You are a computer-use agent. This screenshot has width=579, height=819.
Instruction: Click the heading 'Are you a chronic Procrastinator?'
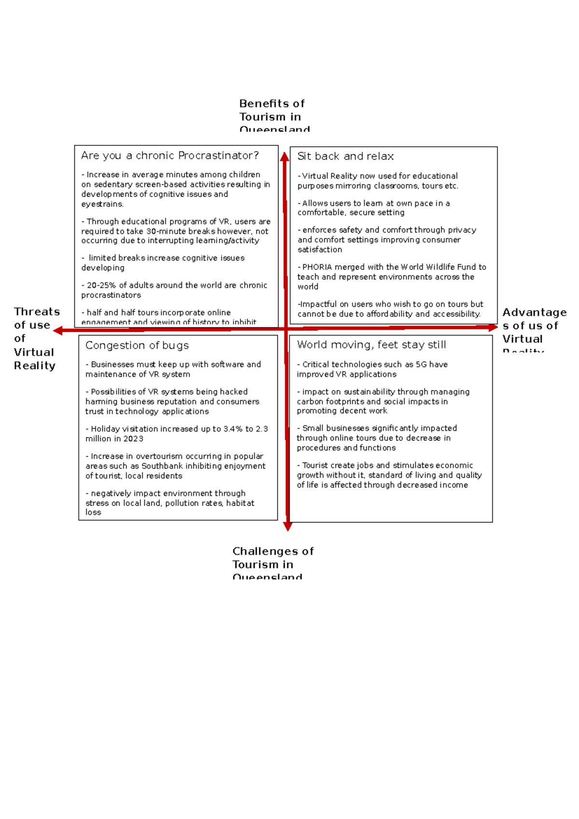click(x=170, y=155)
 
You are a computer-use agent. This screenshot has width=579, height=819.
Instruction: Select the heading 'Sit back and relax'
click(x=345, y=156)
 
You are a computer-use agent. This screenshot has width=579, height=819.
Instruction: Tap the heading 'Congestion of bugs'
click(x=137, y=346)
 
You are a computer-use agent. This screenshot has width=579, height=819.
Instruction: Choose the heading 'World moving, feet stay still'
click(x=372, y=345)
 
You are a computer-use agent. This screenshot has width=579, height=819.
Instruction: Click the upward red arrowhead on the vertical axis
click(x=285, y=156)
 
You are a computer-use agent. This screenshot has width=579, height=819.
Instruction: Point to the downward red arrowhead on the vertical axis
click(x=288, y=526)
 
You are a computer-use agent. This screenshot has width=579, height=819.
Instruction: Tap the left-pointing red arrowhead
click(x=58, y=330)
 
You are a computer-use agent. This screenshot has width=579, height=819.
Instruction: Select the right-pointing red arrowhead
click(x=493, y=327)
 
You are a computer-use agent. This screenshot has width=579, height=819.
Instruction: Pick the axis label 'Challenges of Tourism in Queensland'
click(x=272, y=564)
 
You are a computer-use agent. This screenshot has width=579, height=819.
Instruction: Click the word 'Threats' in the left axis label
click(x=37, y=312)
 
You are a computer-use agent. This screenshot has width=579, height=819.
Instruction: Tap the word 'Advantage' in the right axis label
click(x=535, y=312)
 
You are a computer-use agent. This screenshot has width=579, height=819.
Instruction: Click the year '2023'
click(x=133, y=439)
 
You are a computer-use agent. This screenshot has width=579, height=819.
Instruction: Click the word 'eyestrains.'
click(x=102, y=204)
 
